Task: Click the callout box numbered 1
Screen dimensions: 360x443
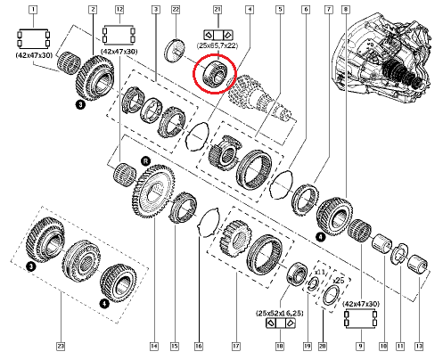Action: (x=33, y=11)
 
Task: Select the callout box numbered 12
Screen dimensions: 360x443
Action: (x=119, y=11)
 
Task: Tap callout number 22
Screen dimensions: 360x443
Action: (x=176, y=11)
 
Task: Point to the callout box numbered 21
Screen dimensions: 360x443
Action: (x=217, y=11)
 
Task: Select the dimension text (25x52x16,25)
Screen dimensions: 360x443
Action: (x=283, y=315)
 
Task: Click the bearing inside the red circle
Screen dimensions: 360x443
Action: (x=214, y=70)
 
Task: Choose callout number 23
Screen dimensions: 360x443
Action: (x=60, y=346)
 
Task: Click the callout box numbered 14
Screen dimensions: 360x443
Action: (x=154, y=346)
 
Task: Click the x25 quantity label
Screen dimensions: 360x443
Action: (x=337, y=280)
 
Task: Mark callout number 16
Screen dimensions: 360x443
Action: (x=199, y=346)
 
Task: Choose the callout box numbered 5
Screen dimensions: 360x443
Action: (x=279, y=11)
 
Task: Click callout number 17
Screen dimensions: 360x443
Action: (x=235, y=346)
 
